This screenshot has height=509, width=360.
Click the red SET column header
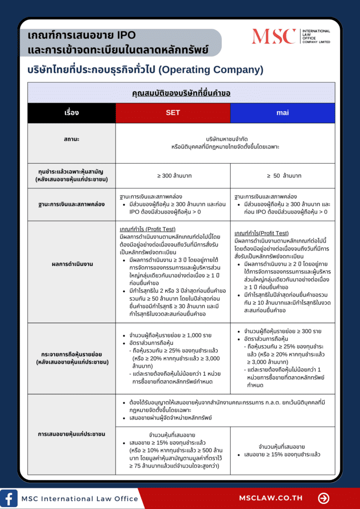pos(173,113)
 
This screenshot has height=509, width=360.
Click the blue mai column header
pos(282,113)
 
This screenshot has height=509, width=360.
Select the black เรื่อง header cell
pos(72,113)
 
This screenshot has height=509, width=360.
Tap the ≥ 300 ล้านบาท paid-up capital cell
pos(173,175)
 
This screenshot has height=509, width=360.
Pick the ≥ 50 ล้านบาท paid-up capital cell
pos(282,175)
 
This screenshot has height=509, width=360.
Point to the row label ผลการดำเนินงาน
pos(72,264)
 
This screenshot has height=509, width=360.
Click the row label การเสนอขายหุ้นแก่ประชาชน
pos(72,434)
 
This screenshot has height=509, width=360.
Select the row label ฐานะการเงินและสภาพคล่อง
pos(72,204)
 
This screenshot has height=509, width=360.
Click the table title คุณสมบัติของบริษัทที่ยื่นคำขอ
pos(181,93)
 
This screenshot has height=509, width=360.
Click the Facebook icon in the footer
pos(8,498)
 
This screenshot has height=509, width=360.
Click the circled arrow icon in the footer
pos(324,498)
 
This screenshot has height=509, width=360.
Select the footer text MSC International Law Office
pos(80,498)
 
